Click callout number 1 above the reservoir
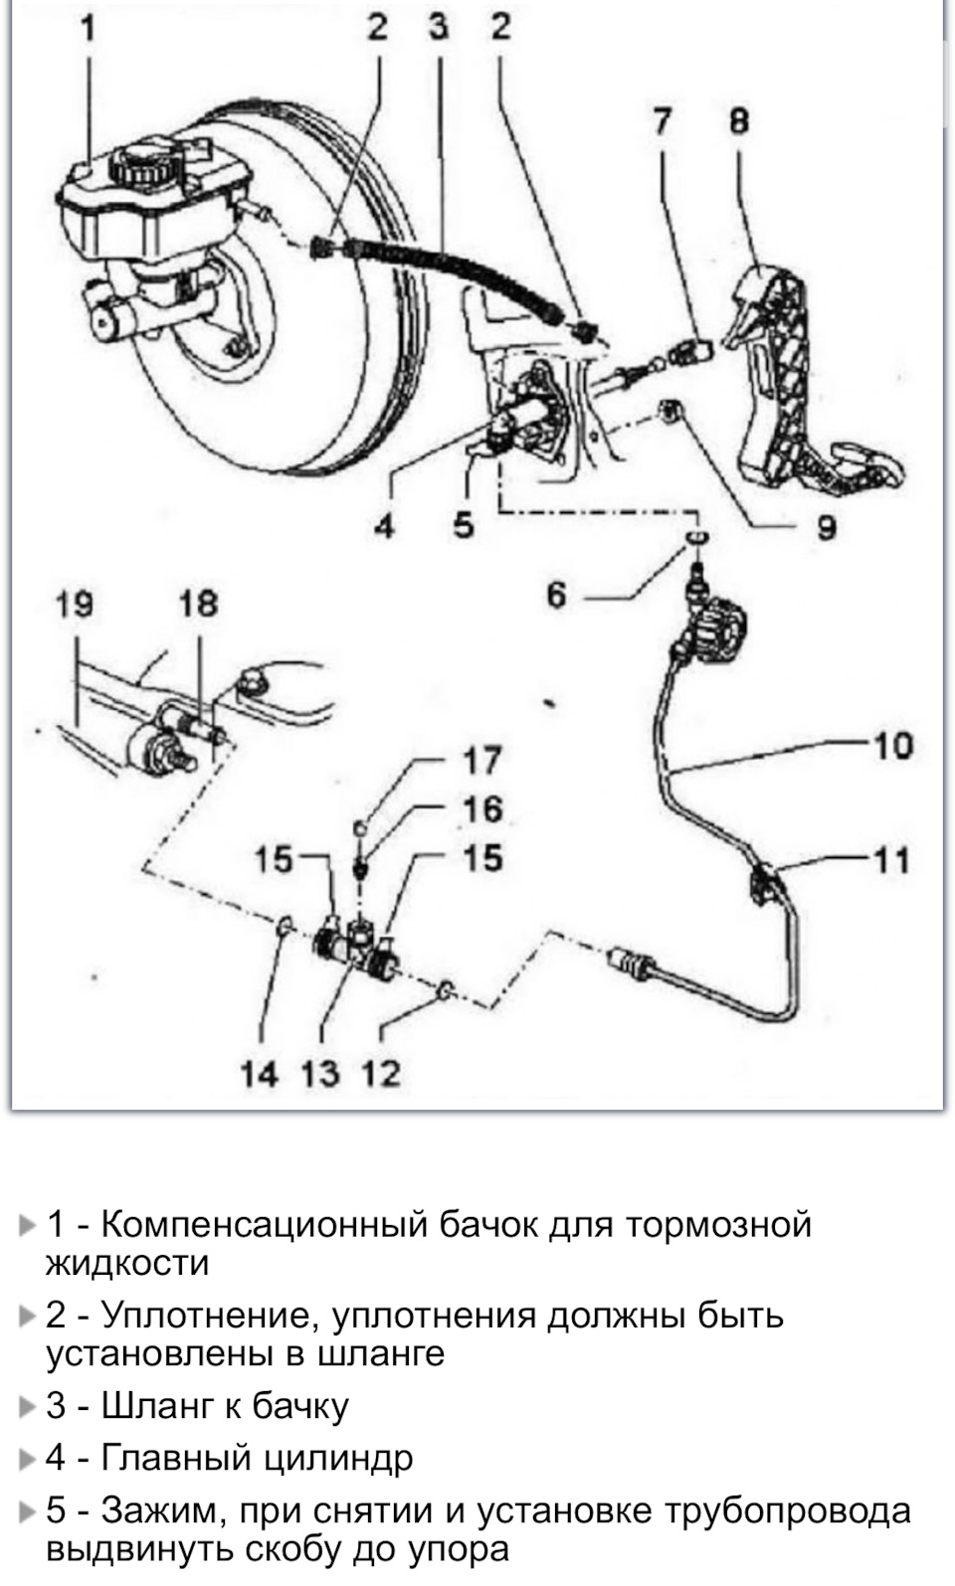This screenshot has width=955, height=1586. click(88, 31)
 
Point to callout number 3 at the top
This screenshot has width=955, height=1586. click(439, 28)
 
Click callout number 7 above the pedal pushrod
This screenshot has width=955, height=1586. click(662, 121)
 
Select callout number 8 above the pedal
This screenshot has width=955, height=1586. click(739, 121)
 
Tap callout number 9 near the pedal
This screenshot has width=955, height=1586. click(826, 527)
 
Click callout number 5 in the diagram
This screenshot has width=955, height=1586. click(463, 526)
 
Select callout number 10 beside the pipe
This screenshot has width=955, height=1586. click(893, 747)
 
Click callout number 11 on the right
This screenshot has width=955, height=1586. click(892, 862)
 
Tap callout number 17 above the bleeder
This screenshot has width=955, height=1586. click(482, 761)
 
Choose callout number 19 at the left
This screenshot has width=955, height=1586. click(74, 606)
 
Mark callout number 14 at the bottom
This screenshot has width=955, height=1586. click(260, 1073)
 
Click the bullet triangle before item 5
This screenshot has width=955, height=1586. click(27, 1513)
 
